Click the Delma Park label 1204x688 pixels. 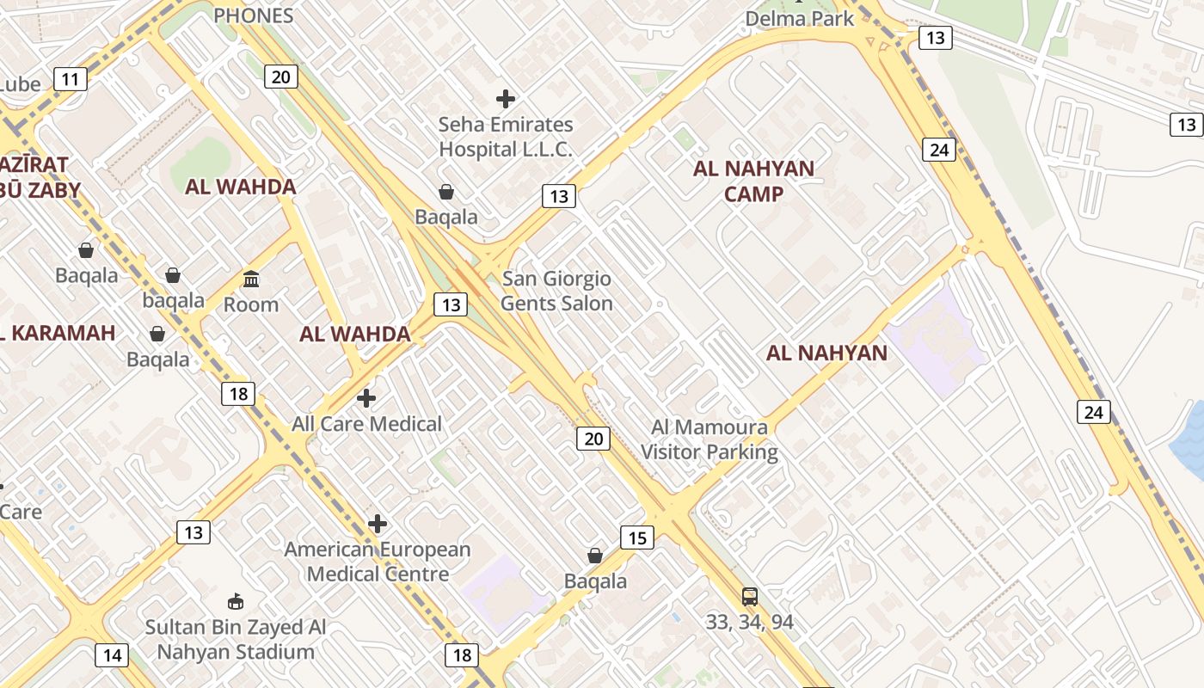tap(800, 18)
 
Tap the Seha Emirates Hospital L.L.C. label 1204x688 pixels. tap(506, 137)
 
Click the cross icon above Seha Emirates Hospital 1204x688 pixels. tap(506, 99)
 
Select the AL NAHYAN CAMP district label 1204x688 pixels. tap(753, 181)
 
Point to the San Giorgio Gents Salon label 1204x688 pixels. tap(556, 291)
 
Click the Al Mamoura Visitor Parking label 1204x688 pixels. tap(709, 439)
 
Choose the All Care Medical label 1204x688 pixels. tap(366, 424)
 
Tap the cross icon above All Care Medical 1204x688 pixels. tap(366, 398)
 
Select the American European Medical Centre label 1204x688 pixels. tap(378, 562)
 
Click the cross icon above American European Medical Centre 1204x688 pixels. tap(377, 524)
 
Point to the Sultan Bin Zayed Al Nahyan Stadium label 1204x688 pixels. tap(236, 639)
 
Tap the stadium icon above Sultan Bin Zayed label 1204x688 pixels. tap(236, 601)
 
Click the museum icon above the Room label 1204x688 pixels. tap(251, 279)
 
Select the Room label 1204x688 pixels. tap(251, 304)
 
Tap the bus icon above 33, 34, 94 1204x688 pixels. tap(750, 596)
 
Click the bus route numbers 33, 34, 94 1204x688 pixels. tap(749, 622)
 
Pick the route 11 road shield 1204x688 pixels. tap(70, 80)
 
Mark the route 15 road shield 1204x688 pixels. tap(636, 538)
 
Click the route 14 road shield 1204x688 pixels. tap(112, 655)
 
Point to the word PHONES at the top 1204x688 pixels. tap(253, 15)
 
